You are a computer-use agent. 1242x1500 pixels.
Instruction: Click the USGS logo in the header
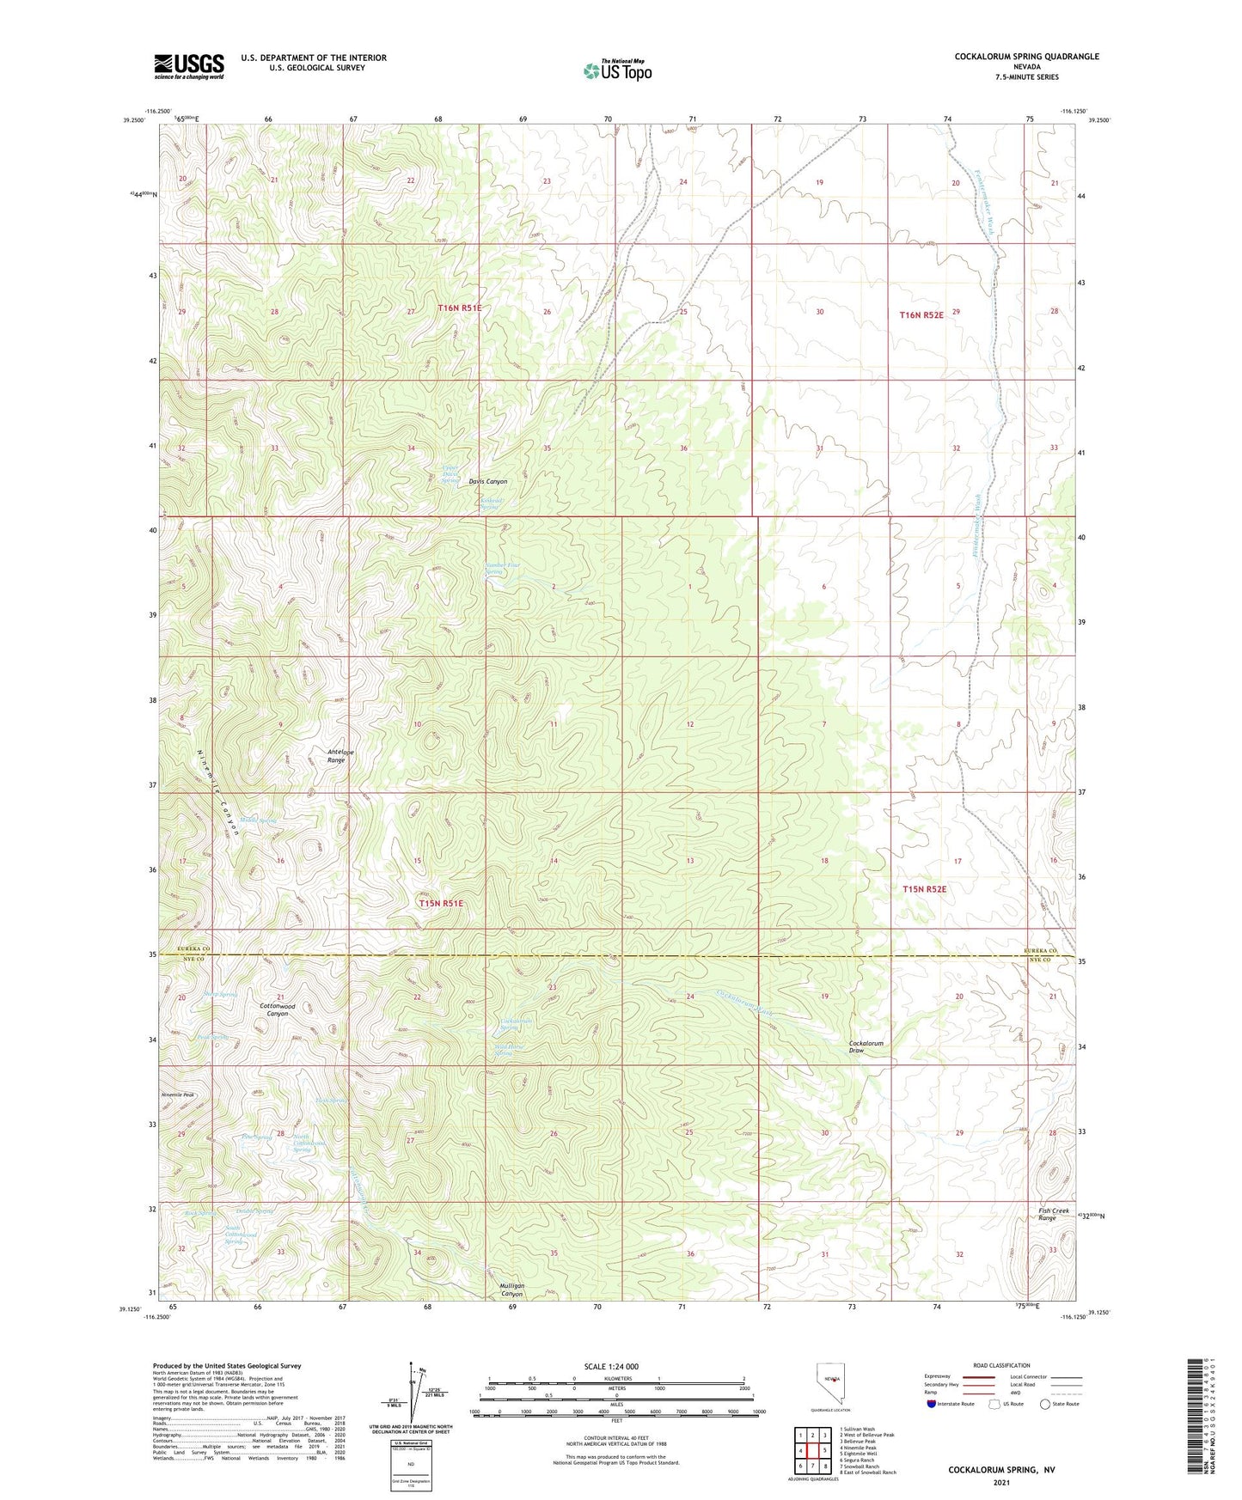[x=189, y=65]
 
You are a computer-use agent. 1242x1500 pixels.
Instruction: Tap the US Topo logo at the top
[x=617, y=70]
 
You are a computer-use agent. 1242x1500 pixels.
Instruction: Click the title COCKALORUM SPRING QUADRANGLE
[x=1026, y=57]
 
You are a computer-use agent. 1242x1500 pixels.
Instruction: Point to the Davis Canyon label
[x=487, y=482]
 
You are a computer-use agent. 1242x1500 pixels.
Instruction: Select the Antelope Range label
[x=341, y=756]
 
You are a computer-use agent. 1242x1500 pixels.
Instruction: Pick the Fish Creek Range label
[x=1046, y=1214]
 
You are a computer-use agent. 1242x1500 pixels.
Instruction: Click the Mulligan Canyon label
[x=511, y=1290]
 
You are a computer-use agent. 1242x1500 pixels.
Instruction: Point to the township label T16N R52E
[x=921, y=315]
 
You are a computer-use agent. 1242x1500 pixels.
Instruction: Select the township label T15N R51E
[x=441, y=903]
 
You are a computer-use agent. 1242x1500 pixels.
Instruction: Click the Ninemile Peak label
[x=178, y=1095]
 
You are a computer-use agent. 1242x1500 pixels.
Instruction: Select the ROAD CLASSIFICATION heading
[x=1000, y=1365]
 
